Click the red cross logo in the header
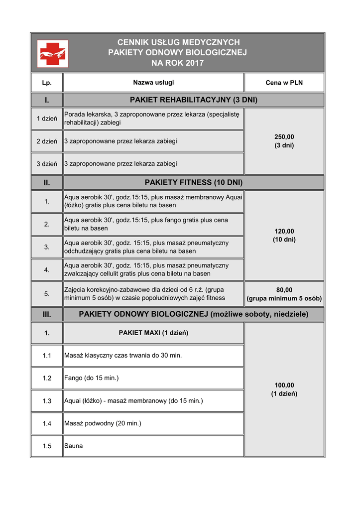[53, 53]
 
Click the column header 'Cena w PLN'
[284, 83]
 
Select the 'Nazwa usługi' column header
[153, 82]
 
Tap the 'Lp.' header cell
[47, 83]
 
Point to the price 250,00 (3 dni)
[284, 141]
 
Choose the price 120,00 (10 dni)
[284, 235]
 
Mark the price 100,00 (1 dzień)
[284, 389]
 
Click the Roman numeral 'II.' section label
[47, 182]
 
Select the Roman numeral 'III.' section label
[47, 314]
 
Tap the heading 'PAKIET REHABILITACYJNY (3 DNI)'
[193, 100]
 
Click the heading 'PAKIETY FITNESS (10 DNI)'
[193, 182]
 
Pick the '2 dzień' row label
[47, 141]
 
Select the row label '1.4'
[47, 423]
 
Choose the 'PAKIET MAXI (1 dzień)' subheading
[153, 333]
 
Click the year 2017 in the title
[194, 63]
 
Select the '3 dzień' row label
[47, 163]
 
